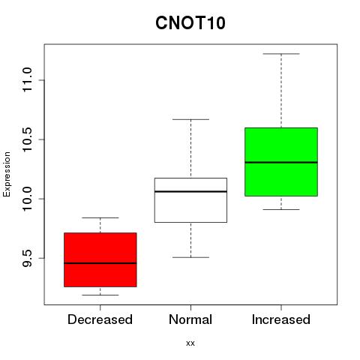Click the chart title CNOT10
190,23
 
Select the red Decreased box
100,259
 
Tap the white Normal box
190,200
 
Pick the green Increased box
281,162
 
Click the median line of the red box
100,263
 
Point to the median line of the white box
190,191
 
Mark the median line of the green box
281,163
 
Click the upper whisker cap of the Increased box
281,54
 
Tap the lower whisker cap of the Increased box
281,209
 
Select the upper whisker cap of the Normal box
190,119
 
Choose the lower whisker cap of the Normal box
190,257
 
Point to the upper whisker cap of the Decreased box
100,217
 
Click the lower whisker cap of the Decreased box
100,295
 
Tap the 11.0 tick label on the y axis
27,80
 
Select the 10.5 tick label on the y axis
27,139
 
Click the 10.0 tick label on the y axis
27,199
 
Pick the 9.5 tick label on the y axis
27,258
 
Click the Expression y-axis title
7,175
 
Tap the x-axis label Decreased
100,319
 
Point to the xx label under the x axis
190,343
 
